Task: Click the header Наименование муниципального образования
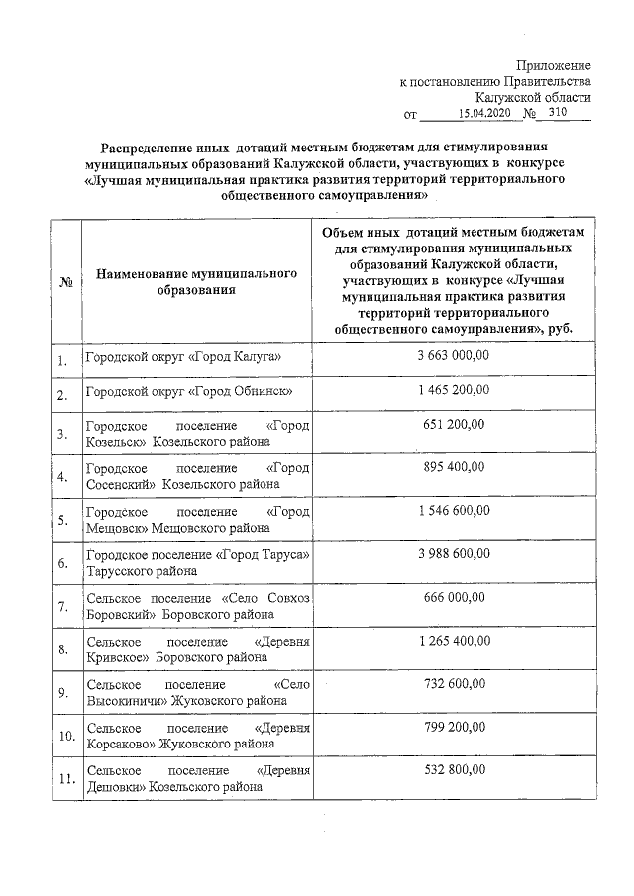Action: [198, 282]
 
